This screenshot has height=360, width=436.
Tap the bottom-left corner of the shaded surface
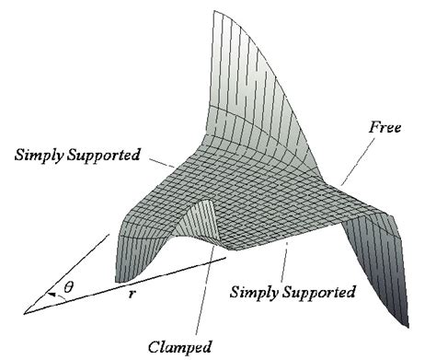[x=117, y=280]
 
